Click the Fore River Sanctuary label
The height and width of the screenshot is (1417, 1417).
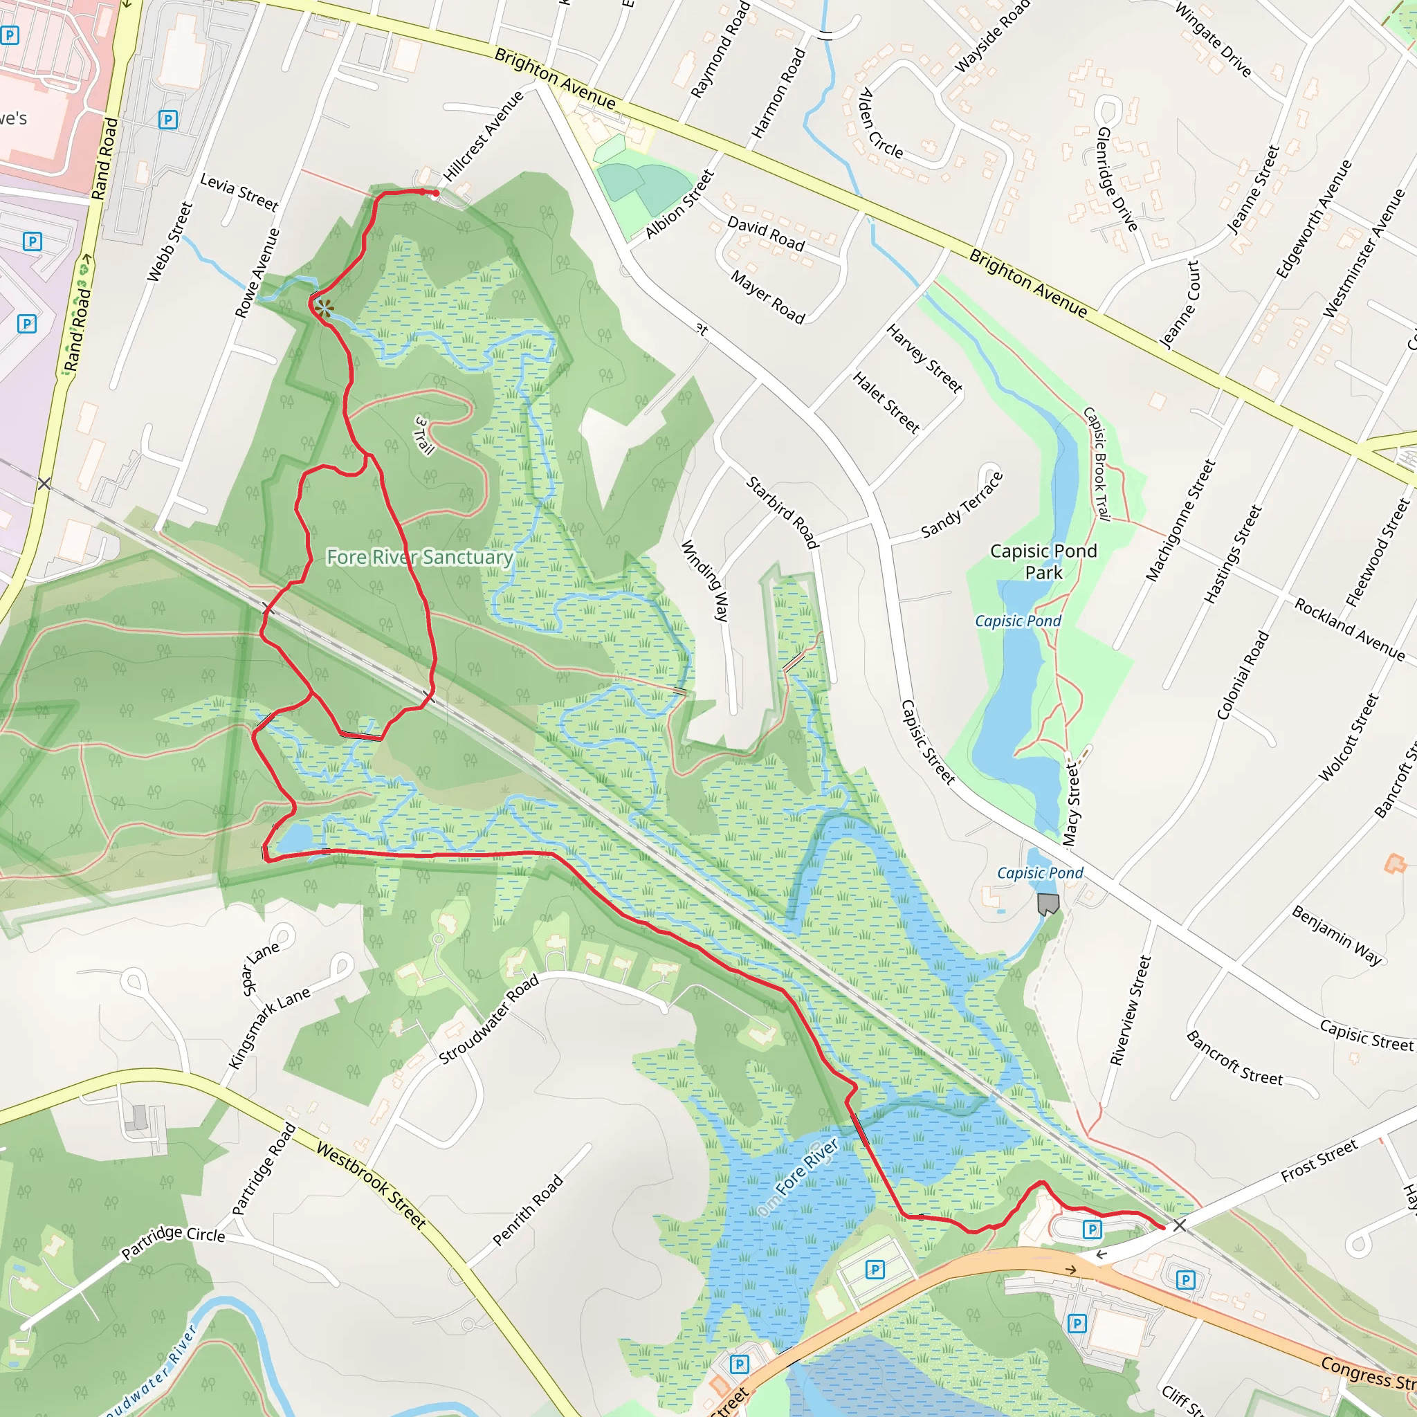(419, 558)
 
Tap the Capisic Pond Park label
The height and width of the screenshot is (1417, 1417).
(1043, 561)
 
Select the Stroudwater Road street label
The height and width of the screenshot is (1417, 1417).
(488, 1019)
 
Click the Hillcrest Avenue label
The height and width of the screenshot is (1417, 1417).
(484, 136)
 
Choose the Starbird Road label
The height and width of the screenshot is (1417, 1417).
(782, 512)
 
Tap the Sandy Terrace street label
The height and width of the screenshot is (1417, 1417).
(962, 505)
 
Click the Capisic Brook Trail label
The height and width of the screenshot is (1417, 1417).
(1098, 464)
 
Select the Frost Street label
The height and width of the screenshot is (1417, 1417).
(1319, 1160)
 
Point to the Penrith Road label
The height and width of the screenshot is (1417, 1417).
(527, 1210)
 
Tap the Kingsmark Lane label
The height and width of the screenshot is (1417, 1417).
(269, 1027)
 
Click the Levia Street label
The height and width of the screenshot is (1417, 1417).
(239, 192)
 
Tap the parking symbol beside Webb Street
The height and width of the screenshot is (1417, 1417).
(168, 120)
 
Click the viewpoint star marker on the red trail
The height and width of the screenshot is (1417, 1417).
(325, 309)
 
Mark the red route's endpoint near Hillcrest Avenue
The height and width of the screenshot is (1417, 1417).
(436, 194)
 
